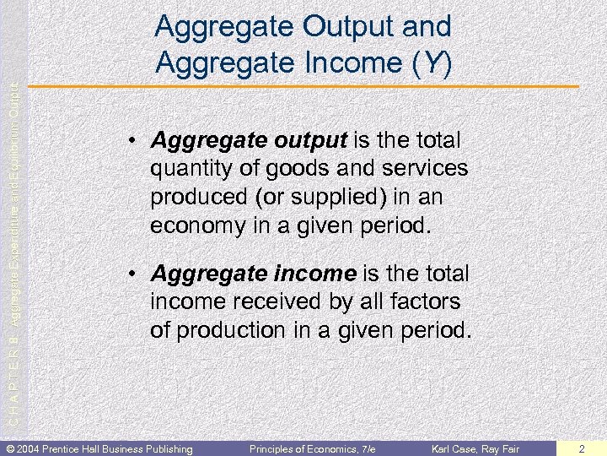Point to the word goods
pos(291,169)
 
